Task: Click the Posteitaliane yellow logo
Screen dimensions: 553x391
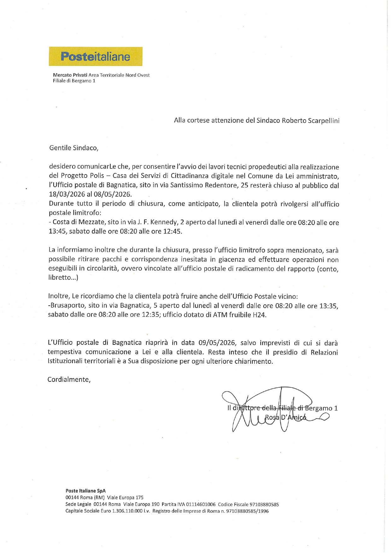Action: tap(96, 56)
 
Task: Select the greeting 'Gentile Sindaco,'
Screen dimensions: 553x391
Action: tap(74, 148)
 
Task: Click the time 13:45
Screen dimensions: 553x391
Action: tap(57, 231)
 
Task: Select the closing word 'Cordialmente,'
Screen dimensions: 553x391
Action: tap(69, 379)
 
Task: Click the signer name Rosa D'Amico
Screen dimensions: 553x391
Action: tap(285, 417)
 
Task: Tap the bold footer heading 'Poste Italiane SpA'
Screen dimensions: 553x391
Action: tap(85, 491)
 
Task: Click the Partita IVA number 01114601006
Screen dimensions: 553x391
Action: tap(201, 504)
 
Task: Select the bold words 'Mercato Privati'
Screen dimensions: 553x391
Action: tap(70, 75)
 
